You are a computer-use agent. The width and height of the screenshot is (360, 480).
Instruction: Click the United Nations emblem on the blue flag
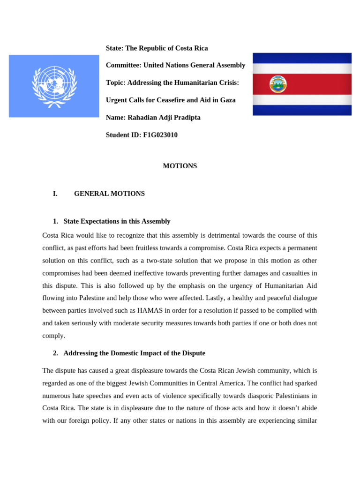(54, 86)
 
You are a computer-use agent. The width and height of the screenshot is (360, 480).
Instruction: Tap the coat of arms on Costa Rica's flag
(277, 84)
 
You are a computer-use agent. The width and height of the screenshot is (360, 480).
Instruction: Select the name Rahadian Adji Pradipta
(164, 118)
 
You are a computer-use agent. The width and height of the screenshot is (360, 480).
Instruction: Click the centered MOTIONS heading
(180, 166)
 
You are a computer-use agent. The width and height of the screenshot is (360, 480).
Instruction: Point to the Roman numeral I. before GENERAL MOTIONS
(55, 194)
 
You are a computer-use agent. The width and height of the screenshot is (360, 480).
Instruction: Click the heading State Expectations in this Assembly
(117, 221)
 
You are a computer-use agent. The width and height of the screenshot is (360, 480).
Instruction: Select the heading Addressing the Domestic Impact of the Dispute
(134, 353)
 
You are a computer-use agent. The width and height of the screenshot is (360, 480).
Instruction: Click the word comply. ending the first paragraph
(54, 336)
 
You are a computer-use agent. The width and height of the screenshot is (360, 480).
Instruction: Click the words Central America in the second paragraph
(263, 383)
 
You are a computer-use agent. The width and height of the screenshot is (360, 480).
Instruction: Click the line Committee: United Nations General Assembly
(175, 65)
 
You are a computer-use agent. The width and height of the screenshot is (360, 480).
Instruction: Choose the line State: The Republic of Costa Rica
(157, 48)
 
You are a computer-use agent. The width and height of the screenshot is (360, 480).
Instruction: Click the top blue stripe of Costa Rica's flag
(302, 58)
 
